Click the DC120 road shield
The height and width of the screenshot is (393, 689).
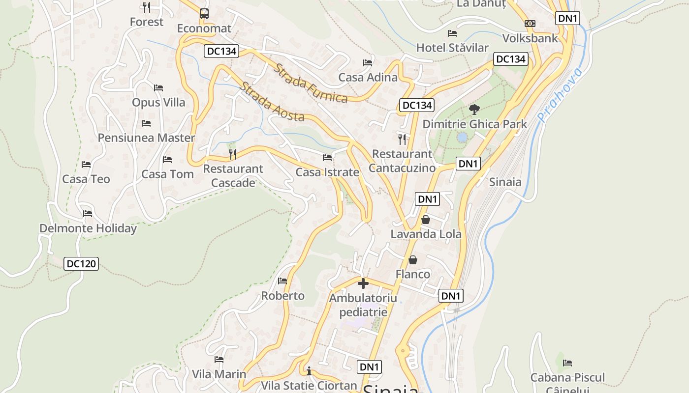81,264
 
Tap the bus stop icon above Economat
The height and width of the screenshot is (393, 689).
204,14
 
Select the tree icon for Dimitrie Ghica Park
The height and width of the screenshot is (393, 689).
474,109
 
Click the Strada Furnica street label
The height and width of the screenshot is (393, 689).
311,84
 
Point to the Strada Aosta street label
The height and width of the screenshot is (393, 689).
272,102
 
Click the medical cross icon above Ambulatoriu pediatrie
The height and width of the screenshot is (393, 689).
363,283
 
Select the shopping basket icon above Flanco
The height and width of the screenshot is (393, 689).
413,259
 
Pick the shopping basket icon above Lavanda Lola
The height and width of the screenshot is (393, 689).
426,220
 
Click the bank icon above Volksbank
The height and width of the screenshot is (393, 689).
530,24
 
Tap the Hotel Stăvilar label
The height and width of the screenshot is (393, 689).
452,48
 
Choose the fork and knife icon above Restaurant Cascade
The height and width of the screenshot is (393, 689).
233,154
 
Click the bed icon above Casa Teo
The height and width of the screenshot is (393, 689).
86,165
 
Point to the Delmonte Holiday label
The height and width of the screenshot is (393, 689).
88,228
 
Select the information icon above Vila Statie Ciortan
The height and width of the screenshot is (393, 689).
309,370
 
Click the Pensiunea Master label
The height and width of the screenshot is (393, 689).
146,138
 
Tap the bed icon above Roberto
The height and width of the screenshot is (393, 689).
282,281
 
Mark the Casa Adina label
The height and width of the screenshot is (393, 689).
368,78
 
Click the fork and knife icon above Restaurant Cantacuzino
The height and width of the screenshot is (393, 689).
403,139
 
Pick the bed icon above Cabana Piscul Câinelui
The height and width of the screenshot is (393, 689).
567,363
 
